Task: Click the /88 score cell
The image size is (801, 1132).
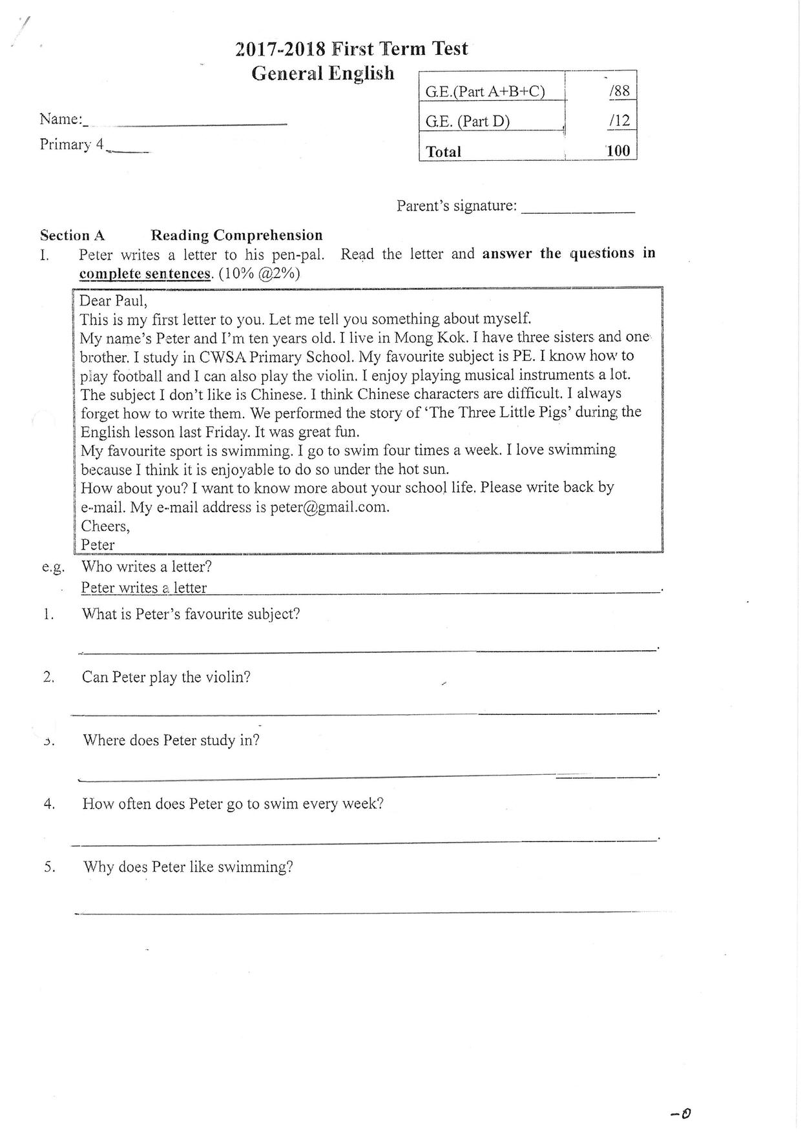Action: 619,91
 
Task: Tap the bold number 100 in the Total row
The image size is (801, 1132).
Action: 618,151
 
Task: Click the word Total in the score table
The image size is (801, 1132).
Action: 443,152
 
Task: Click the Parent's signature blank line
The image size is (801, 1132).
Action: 577,209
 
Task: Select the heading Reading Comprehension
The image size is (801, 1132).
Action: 236,235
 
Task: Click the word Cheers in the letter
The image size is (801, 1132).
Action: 105,526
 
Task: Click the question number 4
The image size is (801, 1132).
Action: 49,804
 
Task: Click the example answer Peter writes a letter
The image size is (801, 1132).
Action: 143,588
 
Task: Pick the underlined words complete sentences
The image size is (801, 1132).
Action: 145,274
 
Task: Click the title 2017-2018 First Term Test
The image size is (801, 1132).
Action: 351,49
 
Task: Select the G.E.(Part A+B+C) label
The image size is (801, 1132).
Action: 484,92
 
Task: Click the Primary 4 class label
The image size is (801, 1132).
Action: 72,144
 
